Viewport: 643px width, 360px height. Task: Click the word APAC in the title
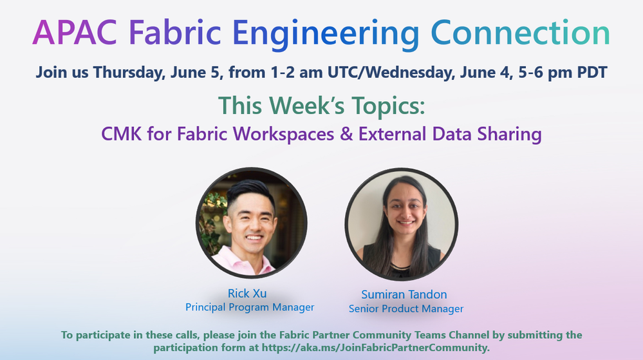(75, 32)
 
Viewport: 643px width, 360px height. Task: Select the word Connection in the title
(521, 32)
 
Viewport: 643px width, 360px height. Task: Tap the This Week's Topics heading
(322, 106)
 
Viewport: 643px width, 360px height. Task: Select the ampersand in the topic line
(346, 134)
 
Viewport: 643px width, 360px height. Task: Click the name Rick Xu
(247, 294)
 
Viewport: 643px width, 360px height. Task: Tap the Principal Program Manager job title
(250, 307)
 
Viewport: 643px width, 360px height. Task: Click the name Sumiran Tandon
(404, 294)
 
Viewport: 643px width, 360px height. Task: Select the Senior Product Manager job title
(406, 308)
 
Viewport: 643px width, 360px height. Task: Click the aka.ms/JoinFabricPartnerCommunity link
(375, 348)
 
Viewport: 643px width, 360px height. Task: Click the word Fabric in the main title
(175, 32)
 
